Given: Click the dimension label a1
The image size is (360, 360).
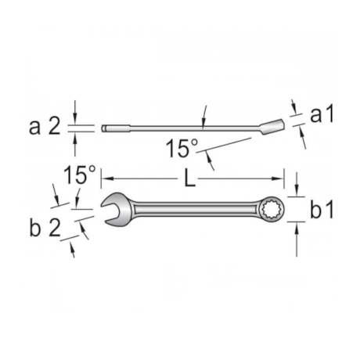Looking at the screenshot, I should tap(322, 114).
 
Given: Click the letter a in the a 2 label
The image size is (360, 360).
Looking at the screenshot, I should tap(34, 126).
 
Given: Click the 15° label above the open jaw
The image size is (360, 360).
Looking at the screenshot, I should tap(79, 175).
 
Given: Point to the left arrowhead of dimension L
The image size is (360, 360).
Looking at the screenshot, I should tap(105, 178).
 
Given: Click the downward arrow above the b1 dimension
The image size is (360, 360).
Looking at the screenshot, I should tap(297, 192).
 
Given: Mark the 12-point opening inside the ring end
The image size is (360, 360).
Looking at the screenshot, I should tap(275, 209).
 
